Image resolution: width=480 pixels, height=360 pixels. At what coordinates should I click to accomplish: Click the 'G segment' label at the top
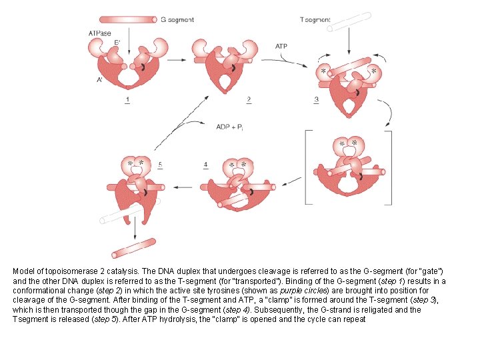click(177, 20)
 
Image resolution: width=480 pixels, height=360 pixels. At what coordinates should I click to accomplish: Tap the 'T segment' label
click(315, 20)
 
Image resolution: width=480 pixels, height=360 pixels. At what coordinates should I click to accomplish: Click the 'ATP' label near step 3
click(282, 46)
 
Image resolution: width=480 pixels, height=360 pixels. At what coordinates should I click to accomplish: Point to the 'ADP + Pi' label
click(230, 127)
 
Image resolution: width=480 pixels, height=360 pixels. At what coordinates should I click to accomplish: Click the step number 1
click(127, 100)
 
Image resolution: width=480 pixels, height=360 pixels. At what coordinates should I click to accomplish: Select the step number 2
click(248, 100)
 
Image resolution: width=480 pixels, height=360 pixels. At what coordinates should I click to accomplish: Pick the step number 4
click(206, 164)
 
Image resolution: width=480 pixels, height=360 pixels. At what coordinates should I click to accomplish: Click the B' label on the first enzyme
click(117, 43)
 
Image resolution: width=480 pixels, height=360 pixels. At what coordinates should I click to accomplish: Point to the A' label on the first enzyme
click(99, 81)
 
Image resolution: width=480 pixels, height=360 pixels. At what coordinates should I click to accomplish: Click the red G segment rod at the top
click(128, 20)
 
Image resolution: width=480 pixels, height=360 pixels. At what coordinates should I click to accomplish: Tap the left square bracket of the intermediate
click(307, 167)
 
